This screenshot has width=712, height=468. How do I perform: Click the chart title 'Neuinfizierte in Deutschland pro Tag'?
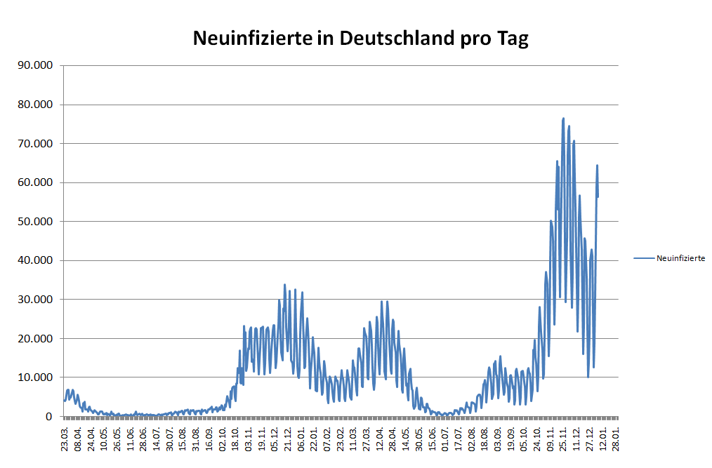[360, 38]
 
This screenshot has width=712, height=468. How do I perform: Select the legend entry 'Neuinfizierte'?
[680, 258]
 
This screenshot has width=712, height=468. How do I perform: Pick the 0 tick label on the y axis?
[49, 416]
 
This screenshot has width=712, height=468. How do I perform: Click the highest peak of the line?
[563, 119]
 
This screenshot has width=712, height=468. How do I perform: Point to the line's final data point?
[598, 196]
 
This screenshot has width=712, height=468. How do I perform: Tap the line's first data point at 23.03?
[64, 401]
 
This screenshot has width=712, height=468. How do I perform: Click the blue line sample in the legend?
[643, 258]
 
